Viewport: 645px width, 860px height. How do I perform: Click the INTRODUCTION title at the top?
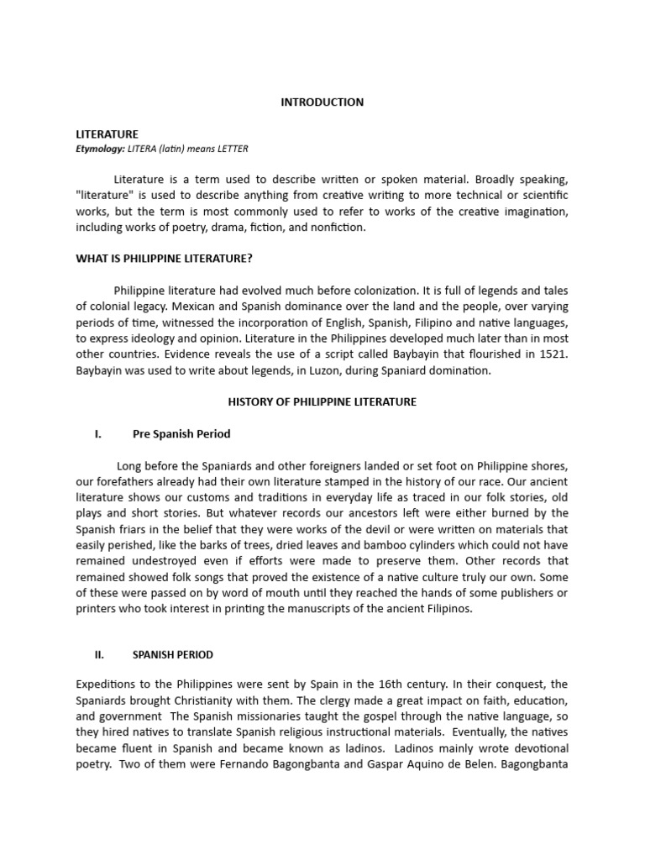click(x=322, y=102)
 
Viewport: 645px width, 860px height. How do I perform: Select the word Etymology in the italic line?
click(x=99, y=149)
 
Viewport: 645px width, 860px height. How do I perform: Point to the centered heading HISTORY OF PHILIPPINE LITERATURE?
click(x=322, y=402)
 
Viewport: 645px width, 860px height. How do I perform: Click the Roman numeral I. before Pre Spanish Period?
click(x=98, y=434)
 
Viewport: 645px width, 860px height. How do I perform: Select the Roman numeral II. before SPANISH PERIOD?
click(x=98, y=654)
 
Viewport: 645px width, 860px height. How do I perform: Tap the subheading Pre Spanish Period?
click(x=181, y=434)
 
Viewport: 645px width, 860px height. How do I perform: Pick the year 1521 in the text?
click(x=551, y=354)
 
